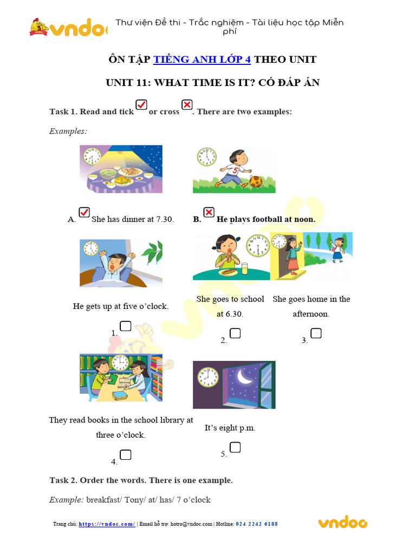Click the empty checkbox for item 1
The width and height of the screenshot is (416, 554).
coord(125,326)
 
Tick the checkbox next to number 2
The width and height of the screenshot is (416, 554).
coord(235,333)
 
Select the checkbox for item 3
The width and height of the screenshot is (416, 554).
coord(316,333)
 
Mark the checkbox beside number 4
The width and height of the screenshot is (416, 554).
coord(125,454)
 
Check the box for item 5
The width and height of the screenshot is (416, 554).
coord(235,447)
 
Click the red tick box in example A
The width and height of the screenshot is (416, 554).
coord(84,212)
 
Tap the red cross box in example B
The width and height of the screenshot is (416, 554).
coord(209,212)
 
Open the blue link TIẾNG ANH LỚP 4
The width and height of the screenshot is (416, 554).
coord(202,60)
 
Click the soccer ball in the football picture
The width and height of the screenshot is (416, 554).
coord(255,182)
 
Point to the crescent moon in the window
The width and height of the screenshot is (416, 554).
coord(245,377)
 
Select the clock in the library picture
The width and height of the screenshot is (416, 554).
coord(121,363)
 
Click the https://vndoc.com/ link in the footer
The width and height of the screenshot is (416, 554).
coord(107,524)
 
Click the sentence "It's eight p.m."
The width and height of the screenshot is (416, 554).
coord(230,428)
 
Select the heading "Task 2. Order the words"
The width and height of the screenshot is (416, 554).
coord(141,480)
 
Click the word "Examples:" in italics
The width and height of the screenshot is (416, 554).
coord(68,131)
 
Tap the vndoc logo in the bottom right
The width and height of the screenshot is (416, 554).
coord(342,522)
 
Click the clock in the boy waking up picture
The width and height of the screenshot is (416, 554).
coord(91,248)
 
